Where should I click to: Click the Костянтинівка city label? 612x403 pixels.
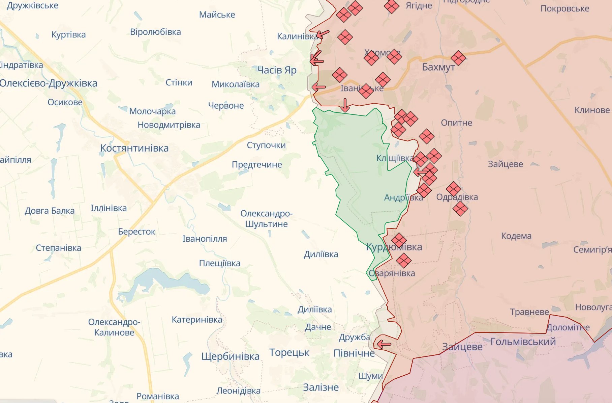pos(134,148)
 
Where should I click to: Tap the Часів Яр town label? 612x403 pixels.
pos(277,70)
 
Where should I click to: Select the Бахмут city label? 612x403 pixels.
pos(438,67)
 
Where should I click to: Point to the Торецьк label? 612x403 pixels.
pos(289,352)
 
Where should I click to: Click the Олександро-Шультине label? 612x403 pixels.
pos(266,219)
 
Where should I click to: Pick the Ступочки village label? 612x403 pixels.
pos(266,145)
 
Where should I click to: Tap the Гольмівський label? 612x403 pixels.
pos(523,342)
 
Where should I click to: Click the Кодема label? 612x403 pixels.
pos(516,236)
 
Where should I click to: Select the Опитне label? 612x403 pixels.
pos(456,123)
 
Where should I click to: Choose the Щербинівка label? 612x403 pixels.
pos(231,356)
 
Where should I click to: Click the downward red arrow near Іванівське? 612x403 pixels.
pos(345,105)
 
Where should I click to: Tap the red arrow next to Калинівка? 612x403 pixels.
pos(323,34)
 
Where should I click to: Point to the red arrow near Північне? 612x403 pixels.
pos(384,345)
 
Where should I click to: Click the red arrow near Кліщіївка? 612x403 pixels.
pos(420,172)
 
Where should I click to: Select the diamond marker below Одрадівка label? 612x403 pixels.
pos(460,209)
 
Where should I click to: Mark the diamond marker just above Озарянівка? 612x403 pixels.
pos(403,261)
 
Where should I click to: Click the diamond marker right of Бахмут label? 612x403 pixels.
pos(458,58)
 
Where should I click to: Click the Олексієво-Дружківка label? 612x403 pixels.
pos(49,83)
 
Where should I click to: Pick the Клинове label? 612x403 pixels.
pos(592,110)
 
